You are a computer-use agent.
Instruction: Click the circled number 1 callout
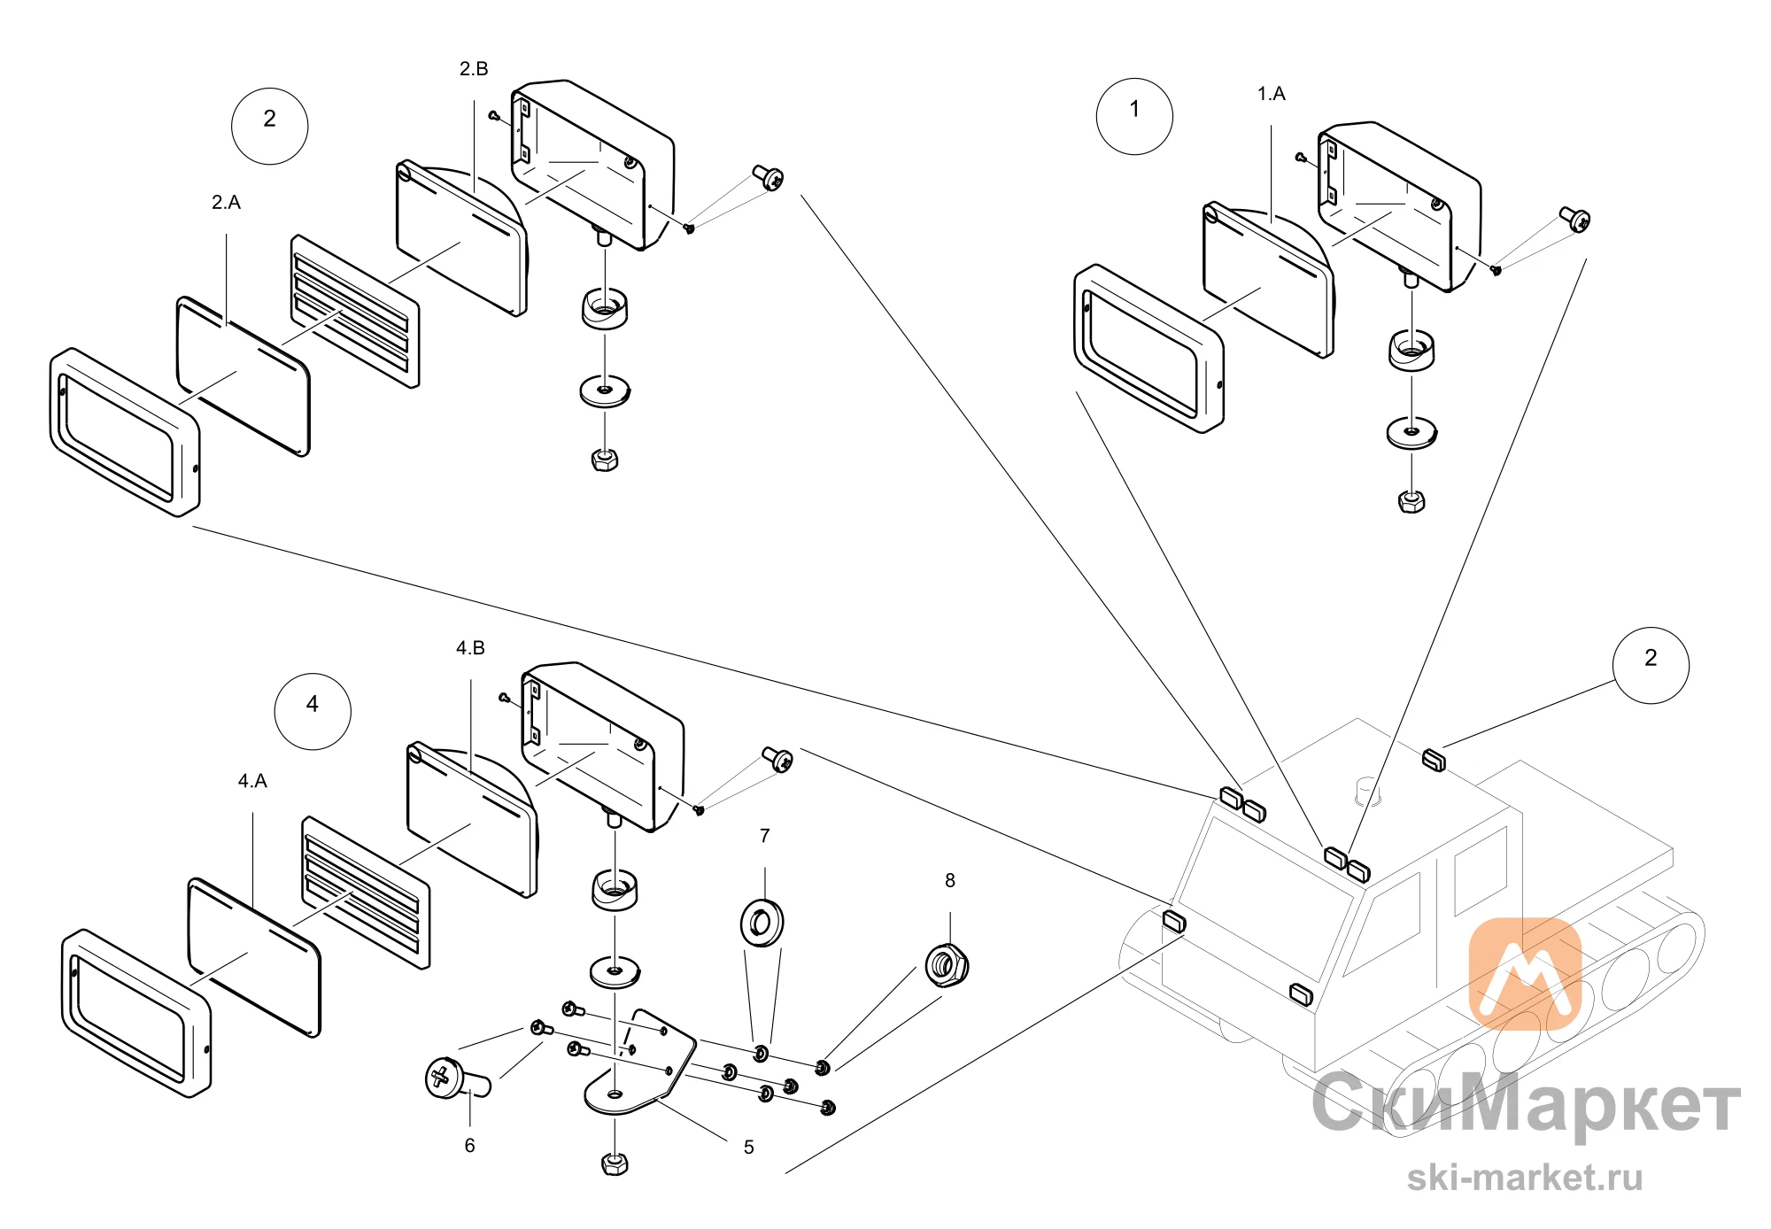pyautogui.click(x=1134, y=116)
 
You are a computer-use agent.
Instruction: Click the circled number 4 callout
pyautogui.click(x=313, y=711)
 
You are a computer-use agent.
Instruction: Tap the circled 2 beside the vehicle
pyautogui.click(x=1651, y=665)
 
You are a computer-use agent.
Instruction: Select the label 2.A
pyautogui.click(x=226, y=202)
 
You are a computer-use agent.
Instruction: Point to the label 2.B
pyautogui.click(x=474, y=68)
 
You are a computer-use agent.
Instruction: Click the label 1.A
pyautogui.click(x=1272, y=93)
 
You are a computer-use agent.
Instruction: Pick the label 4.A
pyautogui.click(x=252, y=780)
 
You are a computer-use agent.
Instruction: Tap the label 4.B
pyautogui.click(x=470, y=647)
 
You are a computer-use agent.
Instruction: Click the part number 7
pyautogui.click(x=765, y=835)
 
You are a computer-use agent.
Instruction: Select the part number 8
pyautogui.click(x=950, y=880)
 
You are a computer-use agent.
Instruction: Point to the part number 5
pyautogui.click(x=749, y=1147)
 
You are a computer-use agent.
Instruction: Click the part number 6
pyautogui.click(x=469, y=1145)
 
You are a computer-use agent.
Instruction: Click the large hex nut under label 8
pyautogui.click(x=947, y=964)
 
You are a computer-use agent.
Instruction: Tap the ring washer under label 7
pyautogui.click(x=762, y=923)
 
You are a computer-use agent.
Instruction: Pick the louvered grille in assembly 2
pyautogui.click(x=355, y=311)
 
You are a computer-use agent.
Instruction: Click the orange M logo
pyautogui.click(x=1525, y=974)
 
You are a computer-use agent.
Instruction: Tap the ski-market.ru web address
pyautogui.click(x=1525, y=1178)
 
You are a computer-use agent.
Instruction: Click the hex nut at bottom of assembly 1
pyautogui.click(x=1411, y=501)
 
